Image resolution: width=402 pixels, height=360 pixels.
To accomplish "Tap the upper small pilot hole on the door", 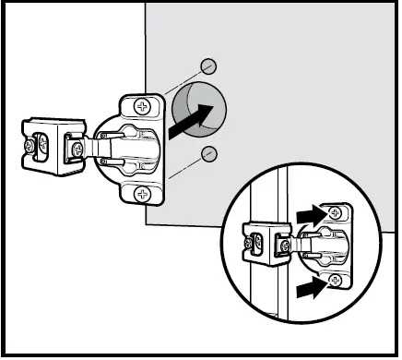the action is [209, 66].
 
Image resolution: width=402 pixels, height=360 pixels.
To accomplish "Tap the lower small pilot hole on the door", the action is [209, 152].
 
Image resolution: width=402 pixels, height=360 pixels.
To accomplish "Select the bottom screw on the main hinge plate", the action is [142, 193].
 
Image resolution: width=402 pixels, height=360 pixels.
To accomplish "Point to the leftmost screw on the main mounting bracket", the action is [36, 145].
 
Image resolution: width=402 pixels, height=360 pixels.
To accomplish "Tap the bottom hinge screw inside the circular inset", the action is [336, 279].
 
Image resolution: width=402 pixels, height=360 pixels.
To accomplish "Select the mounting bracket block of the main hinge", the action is [51, 146].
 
